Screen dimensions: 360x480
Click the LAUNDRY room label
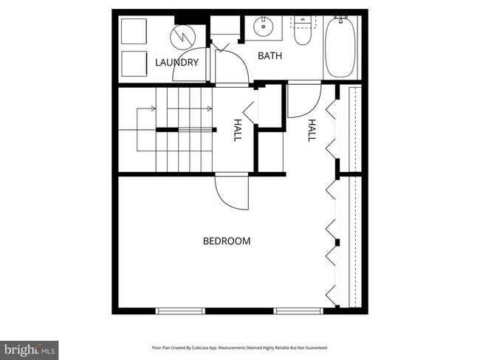point(177,63)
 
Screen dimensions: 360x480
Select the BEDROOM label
point(227,241)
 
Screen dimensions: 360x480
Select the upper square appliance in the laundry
point(135,33)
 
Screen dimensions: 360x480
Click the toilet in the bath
point(303,33)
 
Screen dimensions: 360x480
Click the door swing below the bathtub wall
point(303,102)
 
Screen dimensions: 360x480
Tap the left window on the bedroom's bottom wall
point(180,311)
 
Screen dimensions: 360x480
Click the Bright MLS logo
point(29,347)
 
